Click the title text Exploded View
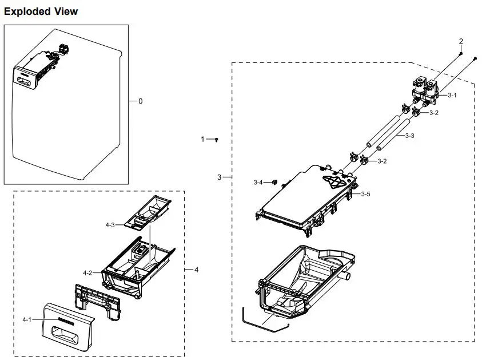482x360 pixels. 41,11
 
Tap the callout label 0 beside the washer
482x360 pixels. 140,101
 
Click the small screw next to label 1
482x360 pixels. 217,139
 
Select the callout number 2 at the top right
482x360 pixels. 461,41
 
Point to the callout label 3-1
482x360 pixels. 452,96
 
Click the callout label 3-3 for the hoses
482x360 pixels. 409,136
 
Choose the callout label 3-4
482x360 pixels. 258,183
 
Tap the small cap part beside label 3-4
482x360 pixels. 273,182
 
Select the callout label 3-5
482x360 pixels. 365,194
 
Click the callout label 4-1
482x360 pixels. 27,319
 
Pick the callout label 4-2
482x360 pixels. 87,273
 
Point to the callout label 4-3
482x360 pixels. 110,225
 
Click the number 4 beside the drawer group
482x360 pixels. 196,269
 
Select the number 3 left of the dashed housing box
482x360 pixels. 219,177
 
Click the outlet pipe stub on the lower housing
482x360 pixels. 345,277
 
